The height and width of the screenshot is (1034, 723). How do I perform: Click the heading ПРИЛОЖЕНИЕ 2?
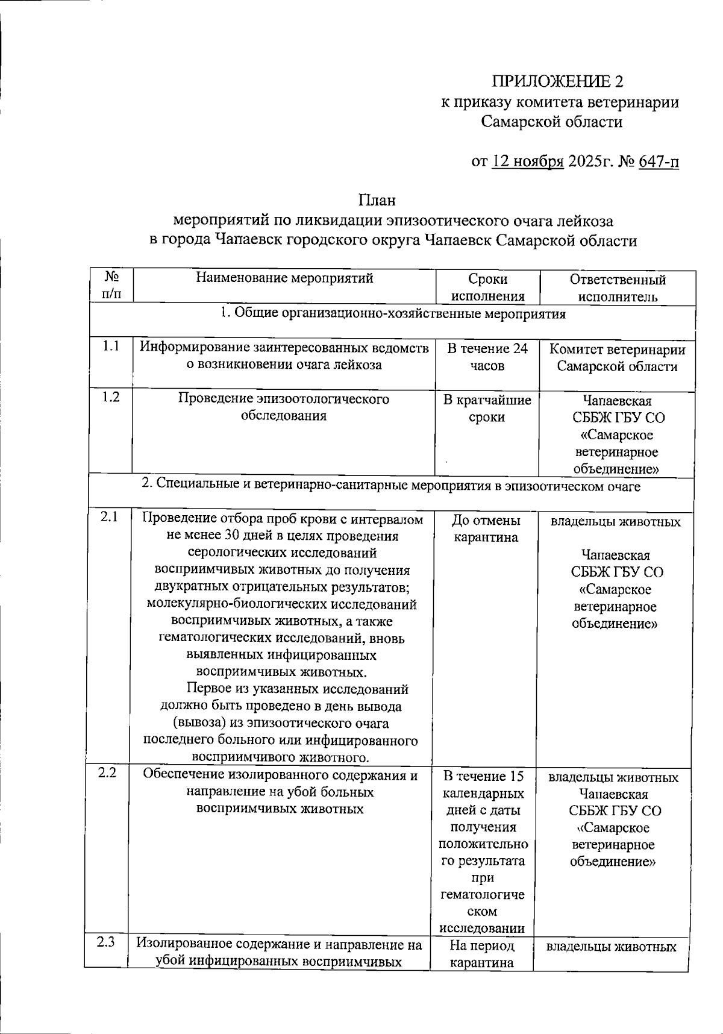(x=558, y=81)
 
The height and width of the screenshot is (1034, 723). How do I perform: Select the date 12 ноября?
(x=528, y=161)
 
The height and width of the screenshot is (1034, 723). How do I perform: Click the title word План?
(x=377, y=199)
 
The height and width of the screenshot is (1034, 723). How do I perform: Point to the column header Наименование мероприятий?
(x=284, y=278)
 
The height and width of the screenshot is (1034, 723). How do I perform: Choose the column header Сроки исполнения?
(x=487, y=287)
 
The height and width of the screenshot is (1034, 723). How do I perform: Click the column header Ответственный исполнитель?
(x=618, y=287)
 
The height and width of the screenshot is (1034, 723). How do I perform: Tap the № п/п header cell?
(x=111, y=285)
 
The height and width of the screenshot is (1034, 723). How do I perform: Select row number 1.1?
(x=110, y=346)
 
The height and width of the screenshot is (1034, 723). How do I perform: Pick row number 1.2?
(x=110, y=397)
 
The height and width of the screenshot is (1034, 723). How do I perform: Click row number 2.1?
(x=109, y=516)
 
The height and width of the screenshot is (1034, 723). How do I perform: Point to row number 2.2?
(x=107, y=773)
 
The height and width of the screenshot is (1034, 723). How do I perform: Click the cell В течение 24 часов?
(x=487, y=357)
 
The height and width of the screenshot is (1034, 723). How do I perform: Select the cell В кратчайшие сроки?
(x=487, y=409)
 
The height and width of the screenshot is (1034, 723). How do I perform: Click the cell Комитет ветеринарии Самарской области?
(x=617, y=358)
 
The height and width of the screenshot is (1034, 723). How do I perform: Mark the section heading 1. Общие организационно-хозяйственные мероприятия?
(x=393, y=314)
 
